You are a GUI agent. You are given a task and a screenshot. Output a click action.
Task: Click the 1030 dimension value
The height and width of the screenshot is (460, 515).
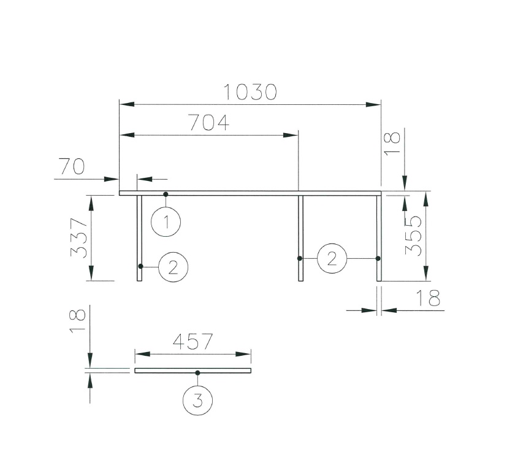pyautogui.click(x=250, y=92)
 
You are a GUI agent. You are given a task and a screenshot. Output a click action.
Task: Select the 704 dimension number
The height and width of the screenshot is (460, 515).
pyautogui.click(x=208, y=123)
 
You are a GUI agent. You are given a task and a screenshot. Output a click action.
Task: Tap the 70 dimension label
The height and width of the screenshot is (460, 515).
pyautogui.click(x=72, y=166)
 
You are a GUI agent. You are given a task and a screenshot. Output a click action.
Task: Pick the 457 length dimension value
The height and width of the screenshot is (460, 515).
pyautogui.click(x=193, y=342)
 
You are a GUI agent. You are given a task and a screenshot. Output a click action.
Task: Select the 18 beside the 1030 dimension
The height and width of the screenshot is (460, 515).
pyautogui.click(x=392, y=145)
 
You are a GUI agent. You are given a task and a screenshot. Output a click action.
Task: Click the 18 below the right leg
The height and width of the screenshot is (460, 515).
pyautogui.click(x=428, y=299)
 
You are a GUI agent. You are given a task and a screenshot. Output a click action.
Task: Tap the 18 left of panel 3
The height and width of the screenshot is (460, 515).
pyautogui.click(x=77, y=321)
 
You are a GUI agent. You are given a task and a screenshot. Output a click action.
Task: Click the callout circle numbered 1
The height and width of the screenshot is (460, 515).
pyautogui.click(x=166, y=222)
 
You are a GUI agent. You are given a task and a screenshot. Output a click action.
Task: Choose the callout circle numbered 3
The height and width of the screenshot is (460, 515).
pyautogui.click(x=197, y=401)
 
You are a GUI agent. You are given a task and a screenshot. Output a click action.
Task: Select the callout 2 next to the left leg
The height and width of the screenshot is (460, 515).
pyautogui.click(x=173, y=267)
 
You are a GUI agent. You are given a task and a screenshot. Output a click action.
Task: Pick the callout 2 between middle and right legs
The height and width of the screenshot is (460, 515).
pyautogui.click(x=332, y=258)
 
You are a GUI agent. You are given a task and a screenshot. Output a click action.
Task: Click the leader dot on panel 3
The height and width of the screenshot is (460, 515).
pyautogui.click(x=197, y=373)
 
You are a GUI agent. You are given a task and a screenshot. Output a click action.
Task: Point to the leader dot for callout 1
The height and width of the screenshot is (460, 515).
pyautogui.click(x=166, y=194)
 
